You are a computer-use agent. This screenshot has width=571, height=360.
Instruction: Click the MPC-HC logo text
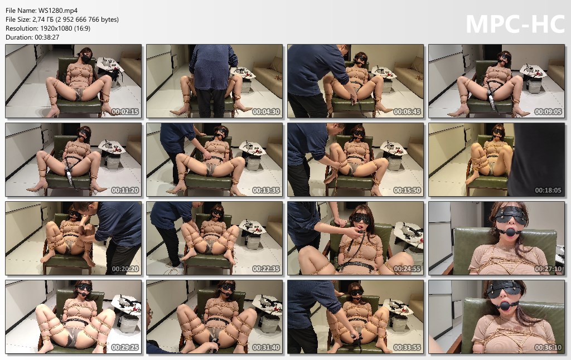click(x=515, y=24)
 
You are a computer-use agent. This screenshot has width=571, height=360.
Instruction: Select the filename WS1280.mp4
click(x=58, y=11)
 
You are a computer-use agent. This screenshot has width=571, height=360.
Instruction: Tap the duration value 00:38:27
click(x=47, y=37)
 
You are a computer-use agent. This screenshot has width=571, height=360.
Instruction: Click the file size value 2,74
click(x=38, y=20)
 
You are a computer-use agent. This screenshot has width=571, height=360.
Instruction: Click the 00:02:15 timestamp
click(x=125, y=112)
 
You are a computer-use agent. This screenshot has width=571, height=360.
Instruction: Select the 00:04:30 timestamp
click(x=266, y=112)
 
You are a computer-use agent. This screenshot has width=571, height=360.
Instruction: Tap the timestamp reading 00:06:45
click(x=407, y=112)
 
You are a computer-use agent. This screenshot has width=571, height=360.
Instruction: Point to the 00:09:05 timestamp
click(x=549, y=112)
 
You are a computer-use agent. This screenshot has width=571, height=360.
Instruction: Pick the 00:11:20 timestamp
click(x=125, y=191)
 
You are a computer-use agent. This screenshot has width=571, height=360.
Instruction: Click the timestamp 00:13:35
click(x=266, y=191)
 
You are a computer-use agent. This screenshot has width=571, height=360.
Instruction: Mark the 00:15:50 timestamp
click(x=407, y=191)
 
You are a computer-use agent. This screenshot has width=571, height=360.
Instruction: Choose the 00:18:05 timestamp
click(x=549, y=191)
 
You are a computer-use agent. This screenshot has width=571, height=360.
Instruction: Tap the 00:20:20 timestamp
click(x=125, y=269)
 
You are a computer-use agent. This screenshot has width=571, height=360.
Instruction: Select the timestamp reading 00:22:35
click(x=266, y=269)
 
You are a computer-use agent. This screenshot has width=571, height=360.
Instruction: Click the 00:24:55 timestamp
click(x=407, y=269)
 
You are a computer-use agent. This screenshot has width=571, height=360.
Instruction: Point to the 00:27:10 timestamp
click(x=549, y=269)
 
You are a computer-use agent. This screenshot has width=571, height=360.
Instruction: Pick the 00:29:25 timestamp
click(x=125, y=348)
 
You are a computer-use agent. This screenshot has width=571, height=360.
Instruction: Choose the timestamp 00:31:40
click(x=266, y=348)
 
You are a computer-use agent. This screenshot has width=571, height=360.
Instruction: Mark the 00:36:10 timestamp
click(x=549, y=348)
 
